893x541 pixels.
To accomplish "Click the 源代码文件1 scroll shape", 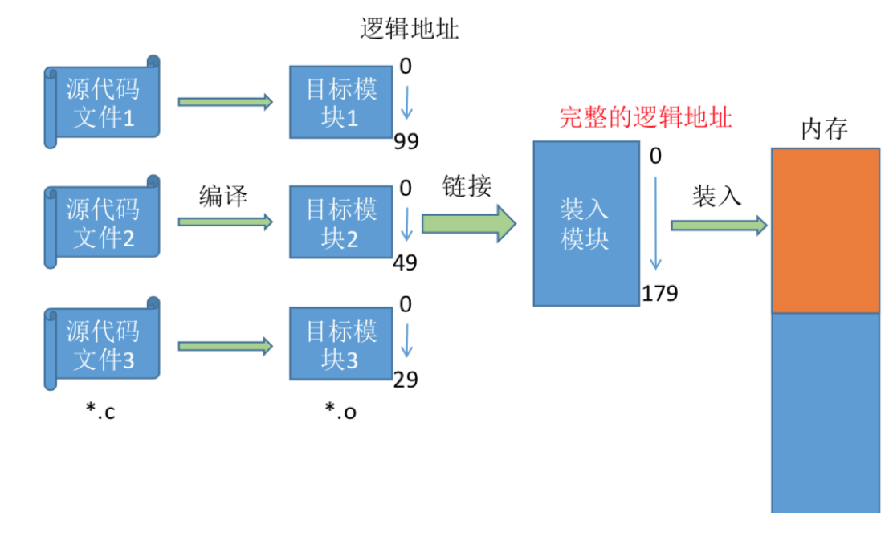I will pyautogui.click(x=103, y=103).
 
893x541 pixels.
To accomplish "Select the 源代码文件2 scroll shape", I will pyautogui.click(x=103, y=223).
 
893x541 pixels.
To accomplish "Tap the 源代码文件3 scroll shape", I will pyautogui.click(x=103, y=344).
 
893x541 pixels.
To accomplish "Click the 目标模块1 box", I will pyautogui.click(x=340, y=102).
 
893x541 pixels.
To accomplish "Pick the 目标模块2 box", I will pyautogui.click(x=340, y=222).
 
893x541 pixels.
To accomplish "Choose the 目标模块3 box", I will pyautogui.click(x=340, y=344).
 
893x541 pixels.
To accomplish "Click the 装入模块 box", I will pyautogui.click(x=585, y=224).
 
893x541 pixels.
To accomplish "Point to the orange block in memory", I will pyautogui.click(x=825, y=230).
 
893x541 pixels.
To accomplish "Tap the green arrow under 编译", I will pyautogui.click(x=226, y=222).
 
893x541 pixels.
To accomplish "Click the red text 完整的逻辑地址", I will pyautogui.click(x=646, y=118).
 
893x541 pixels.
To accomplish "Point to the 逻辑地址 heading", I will pyautogui.click(x=410, y=30).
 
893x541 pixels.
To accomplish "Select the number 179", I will pyautogui.click(x=659, y=294).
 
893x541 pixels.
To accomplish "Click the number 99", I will pyautogui.click(x=406, y=142).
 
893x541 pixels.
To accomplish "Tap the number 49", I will pyautogui.click(x=406, y=262).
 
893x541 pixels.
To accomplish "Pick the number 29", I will pyautogui.click(x=406, y=379).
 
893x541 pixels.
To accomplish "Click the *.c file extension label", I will pyautogui.click(x=100, y=412).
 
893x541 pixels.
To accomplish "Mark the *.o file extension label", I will pyautogui.click(x=340, y=411).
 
